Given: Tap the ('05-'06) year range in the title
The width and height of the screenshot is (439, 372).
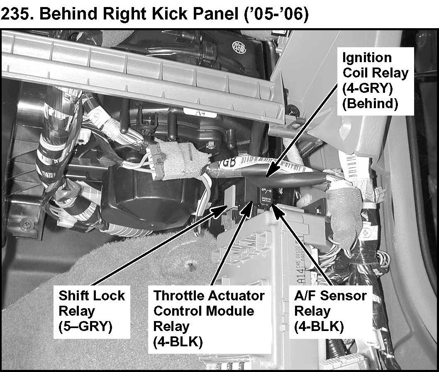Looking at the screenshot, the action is pos(277,14).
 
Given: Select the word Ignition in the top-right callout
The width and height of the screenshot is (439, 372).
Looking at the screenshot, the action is pos(367,58).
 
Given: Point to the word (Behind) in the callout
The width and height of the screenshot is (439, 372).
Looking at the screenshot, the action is pos(370,104).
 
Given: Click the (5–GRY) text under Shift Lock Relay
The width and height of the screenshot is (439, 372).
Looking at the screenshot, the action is pos(85,326).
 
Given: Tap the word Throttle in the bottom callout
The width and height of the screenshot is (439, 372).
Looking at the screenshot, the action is pos(184,296).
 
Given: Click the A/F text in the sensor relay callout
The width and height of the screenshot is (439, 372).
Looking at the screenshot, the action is pos(305,296).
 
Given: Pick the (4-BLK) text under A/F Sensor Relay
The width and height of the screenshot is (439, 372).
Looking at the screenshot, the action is pos(319,326).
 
